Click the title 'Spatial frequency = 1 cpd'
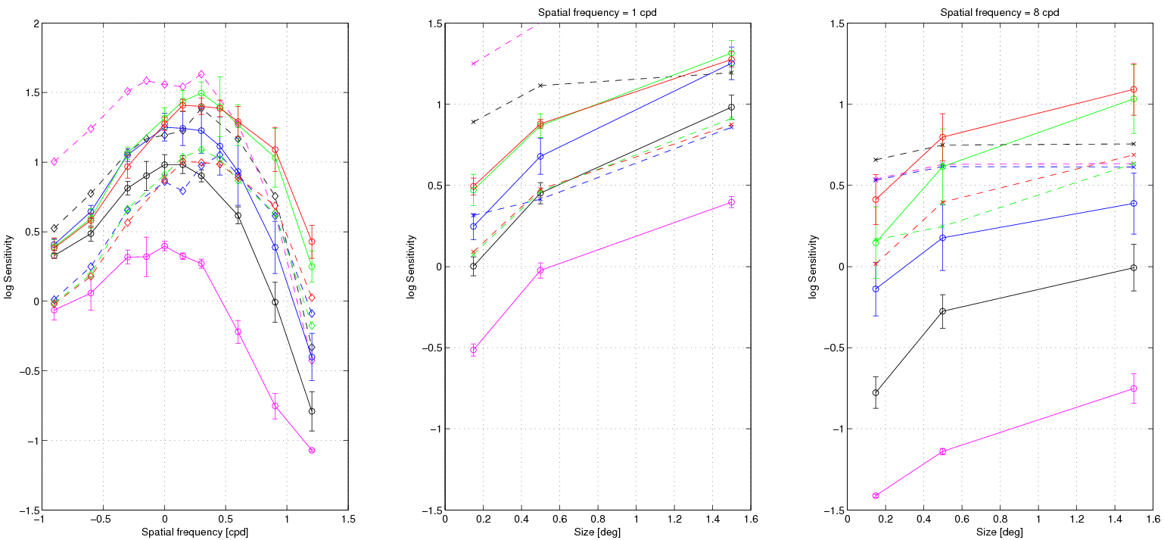597,13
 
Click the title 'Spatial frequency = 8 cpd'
1000,13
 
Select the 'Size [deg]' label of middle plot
597,532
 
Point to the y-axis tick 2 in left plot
36,23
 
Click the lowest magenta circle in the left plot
312,450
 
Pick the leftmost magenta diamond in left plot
54,161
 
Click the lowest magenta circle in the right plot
876,495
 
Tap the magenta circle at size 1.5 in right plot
1133,389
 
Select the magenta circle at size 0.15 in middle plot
474,350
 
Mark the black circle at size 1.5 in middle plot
731,107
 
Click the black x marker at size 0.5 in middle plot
540,86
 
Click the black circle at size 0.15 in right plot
876,392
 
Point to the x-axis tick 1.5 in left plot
349,520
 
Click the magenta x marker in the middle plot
474,64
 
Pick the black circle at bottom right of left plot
312,411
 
